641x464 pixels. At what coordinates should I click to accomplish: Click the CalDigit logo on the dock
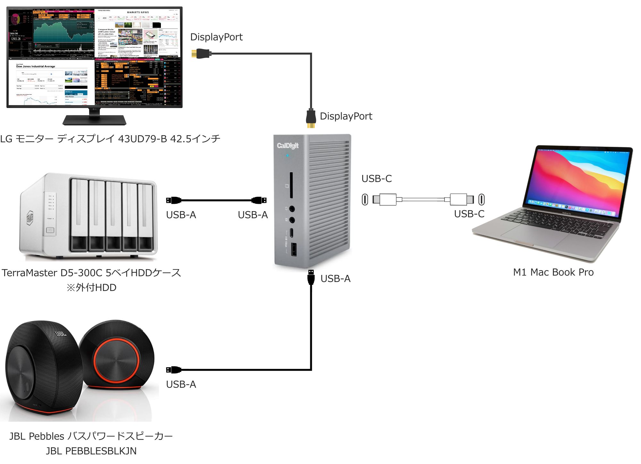click(x=287, y=146)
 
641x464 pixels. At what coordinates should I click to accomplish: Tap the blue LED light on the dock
click(x=287, y=156)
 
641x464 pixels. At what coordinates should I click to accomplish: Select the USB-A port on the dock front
click(x=294, y=250)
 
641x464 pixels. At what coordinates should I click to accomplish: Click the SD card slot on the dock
click(x=291, y=186)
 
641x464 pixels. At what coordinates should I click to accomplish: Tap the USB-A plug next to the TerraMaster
click(x=173, y=201)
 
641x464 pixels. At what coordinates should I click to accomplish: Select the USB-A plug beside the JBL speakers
click(x=173, y=370)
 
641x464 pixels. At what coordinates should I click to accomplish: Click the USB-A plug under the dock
click(x=311, y=277)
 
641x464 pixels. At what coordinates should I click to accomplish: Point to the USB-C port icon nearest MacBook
click(x=481, y=199)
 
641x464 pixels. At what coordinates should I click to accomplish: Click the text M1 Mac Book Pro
click(x=553, y=272)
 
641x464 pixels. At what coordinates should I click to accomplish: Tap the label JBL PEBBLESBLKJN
click(x=91, y=451)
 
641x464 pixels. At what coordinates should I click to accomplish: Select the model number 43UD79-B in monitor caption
click(x=142, y=139)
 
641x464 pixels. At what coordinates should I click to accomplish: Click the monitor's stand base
click(x=94, y=120)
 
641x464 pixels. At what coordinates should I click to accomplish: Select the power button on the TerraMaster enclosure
click(x=50, y=230)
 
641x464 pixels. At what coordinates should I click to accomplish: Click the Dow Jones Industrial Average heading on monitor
click(x=36, y=66)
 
